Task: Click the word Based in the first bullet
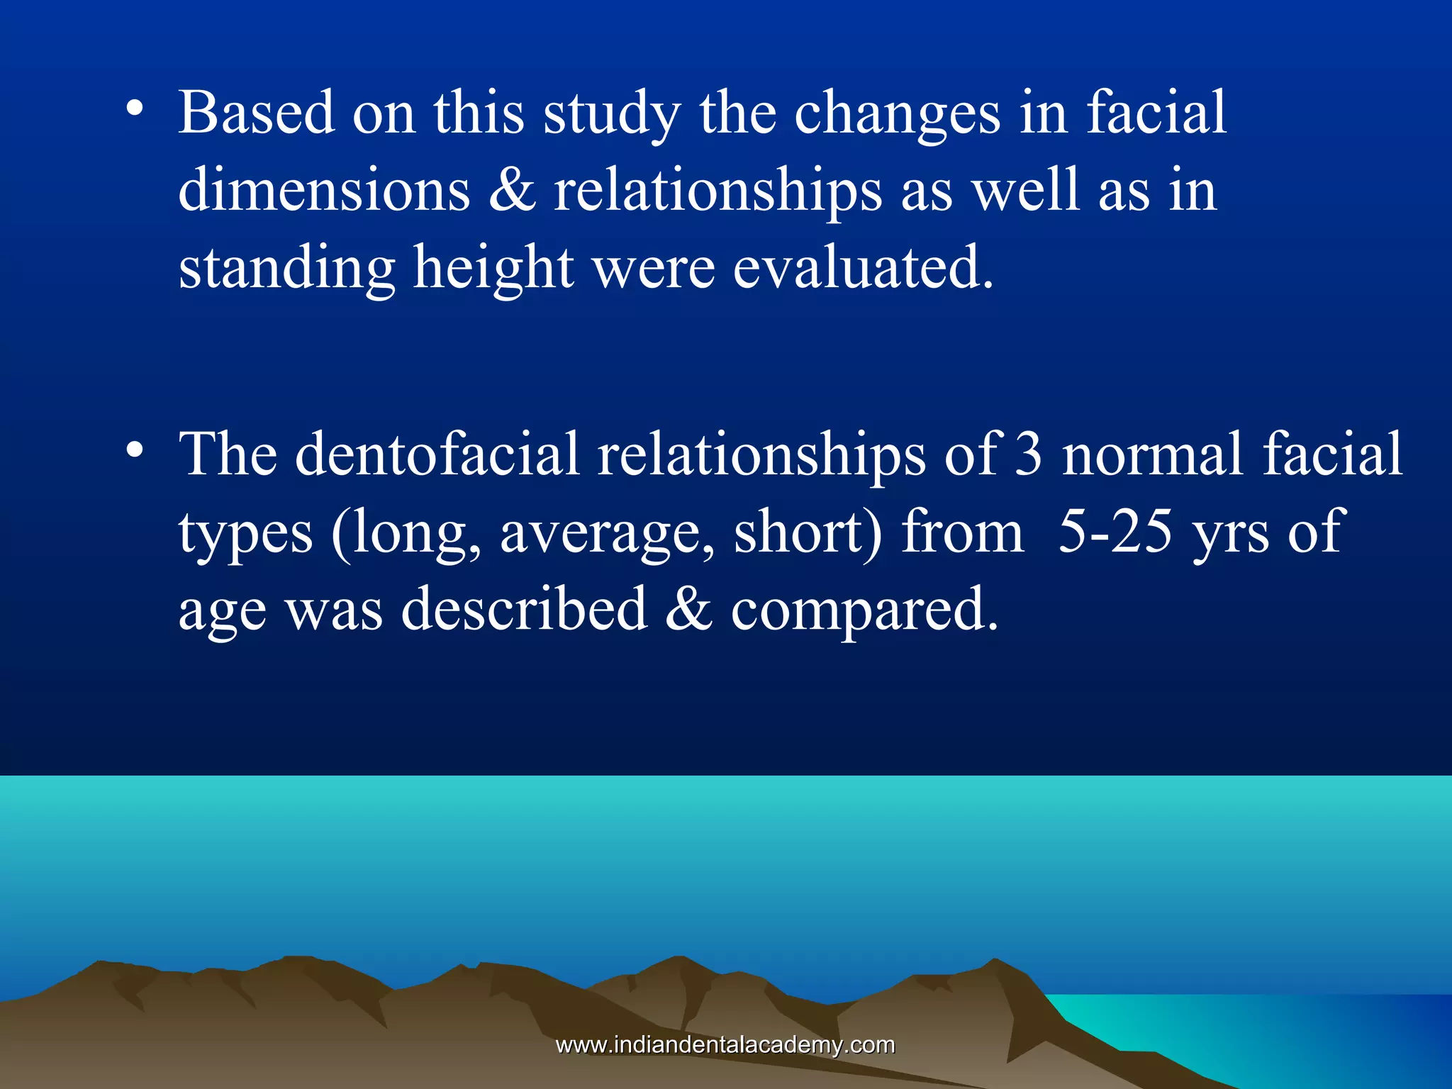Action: pyautogui.click(x=256, y=113)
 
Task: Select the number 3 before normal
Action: pyautogui.click(x=1028, y=455)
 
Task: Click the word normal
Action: pyautogui.click(x=1153, y=455)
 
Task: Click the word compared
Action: pyautogui.click(x=864, y=610)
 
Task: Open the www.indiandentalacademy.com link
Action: pyautogui.click(x=725, y=1045)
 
